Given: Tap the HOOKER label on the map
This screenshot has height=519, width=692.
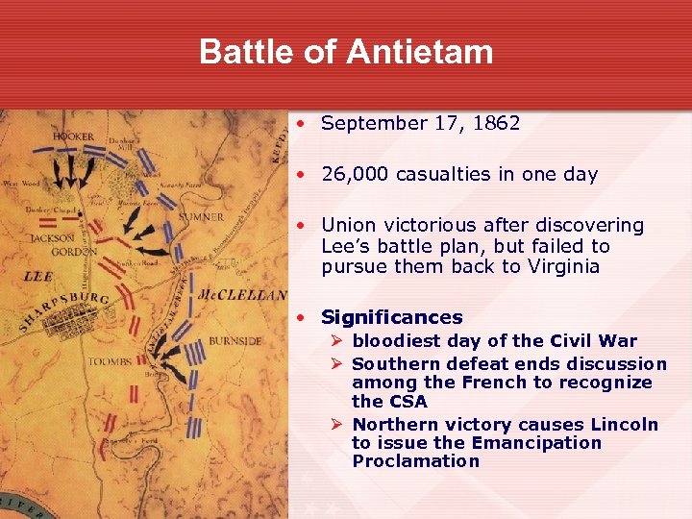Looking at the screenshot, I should point(74,136).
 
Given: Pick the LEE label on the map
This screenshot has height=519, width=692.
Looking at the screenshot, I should point(37,277).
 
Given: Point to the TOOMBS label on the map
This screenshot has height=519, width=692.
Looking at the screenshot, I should point(110,361).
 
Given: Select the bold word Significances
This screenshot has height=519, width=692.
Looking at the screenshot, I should point(392,317).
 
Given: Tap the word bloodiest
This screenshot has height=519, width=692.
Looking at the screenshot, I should point(396,341).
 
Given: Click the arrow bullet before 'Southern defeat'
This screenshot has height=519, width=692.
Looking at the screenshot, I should point(337,364).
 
